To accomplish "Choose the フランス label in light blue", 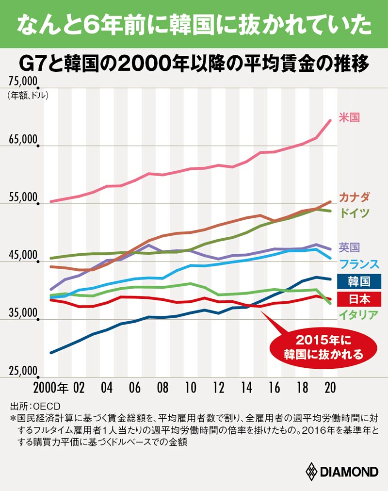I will (x=359, y=264).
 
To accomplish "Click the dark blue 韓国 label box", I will (x=359, y=281).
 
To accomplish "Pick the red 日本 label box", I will (x=359, y=298).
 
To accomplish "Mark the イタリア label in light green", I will (x=359, y=315).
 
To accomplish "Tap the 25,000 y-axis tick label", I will (x=23, y=371).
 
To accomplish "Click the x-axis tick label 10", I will (x=191, y=388).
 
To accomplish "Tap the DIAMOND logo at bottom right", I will (x=341, y=471).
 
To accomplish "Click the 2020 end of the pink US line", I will (x=330, y=121).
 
